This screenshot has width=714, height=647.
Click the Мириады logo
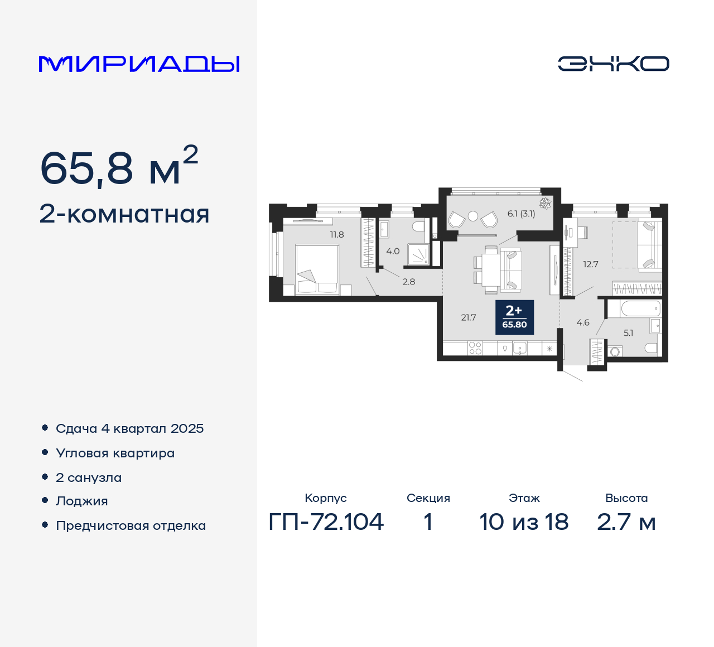(x=139, y=64)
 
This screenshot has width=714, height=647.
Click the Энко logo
(x=613, y=64)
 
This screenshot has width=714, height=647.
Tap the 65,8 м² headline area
(x=119, y=167)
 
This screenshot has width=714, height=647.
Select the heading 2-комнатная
(x=124, y=215)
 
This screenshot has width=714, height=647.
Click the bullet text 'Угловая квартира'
(x=115, y=453)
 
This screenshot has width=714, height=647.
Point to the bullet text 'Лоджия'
(x=82, y=501)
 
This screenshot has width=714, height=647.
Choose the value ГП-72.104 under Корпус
(x=326, y=522)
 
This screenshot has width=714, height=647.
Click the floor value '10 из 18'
(x=524, y=522)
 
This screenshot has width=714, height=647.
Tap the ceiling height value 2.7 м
(x=626, y=522)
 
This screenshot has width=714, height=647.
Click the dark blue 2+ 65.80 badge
(x=514, y=317)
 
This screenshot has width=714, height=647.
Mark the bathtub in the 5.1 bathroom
(x=633, y=308)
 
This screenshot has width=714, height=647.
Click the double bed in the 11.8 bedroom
(x=317, y=268)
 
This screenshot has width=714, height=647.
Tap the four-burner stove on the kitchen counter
(x=475, y=349)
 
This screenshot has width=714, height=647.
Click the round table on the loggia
(x=473, y=216)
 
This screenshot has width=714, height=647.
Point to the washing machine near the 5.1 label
(x=615, y=352)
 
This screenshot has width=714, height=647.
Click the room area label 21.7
(x=469, y=318)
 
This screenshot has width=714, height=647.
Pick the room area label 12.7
(x=591, y=264)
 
